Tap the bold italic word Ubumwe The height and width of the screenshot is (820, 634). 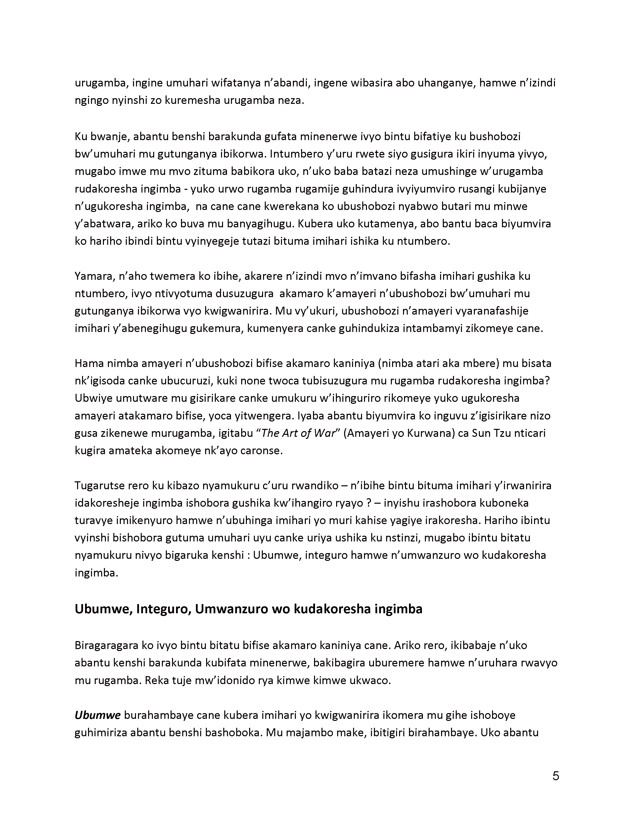[97, 715]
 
